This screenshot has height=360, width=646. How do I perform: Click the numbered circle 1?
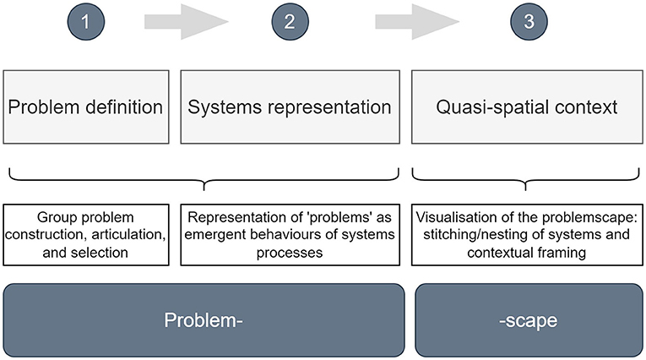pos(85,21)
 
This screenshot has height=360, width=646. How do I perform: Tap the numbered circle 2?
pos(290,21)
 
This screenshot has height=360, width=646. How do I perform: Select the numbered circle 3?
pos(529,21)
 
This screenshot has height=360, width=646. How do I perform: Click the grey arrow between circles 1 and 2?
pos(187,22)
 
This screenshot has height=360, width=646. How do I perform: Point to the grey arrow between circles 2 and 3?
pos(417,22)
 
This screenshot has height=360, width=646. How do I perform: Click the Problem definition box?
pos(86,106)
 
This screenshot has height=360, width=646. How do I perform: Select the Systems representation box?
pos(290,106)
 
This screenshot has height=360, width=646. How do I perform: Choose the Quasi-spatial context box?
pos(527,106)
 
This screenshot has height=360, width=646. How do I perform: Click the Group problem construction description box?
pos(86,235)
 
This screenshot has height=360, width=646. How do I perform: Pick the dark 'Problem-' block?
pos(204,320)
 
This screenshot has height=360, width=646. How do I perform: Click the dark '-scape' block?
pos(529,320)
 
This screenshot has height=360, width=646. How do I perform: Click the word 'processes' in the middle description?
pos(290,253)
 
